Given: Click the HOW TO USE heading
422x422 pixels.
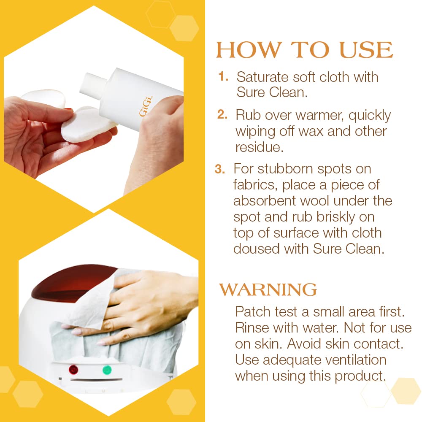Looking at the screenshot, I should pyautogui.click(x=304, y=50).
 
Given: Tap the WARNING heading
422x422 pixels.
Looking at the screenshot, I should pyautogui.click(x=268, y=290).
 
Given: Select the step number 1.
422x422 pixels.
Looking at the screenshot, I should pyautogui.click(x=224, y=77).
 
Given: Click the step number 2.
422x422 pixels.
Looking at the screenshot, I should pyautogui.click(x=222, y=115).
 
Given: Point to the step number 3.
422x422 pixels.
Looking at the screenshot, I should pyautogui.click(x=220, y=169).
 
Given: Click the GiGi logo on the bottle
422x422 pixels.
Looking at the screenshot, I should pyautogui.click(x=146, y=107).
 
